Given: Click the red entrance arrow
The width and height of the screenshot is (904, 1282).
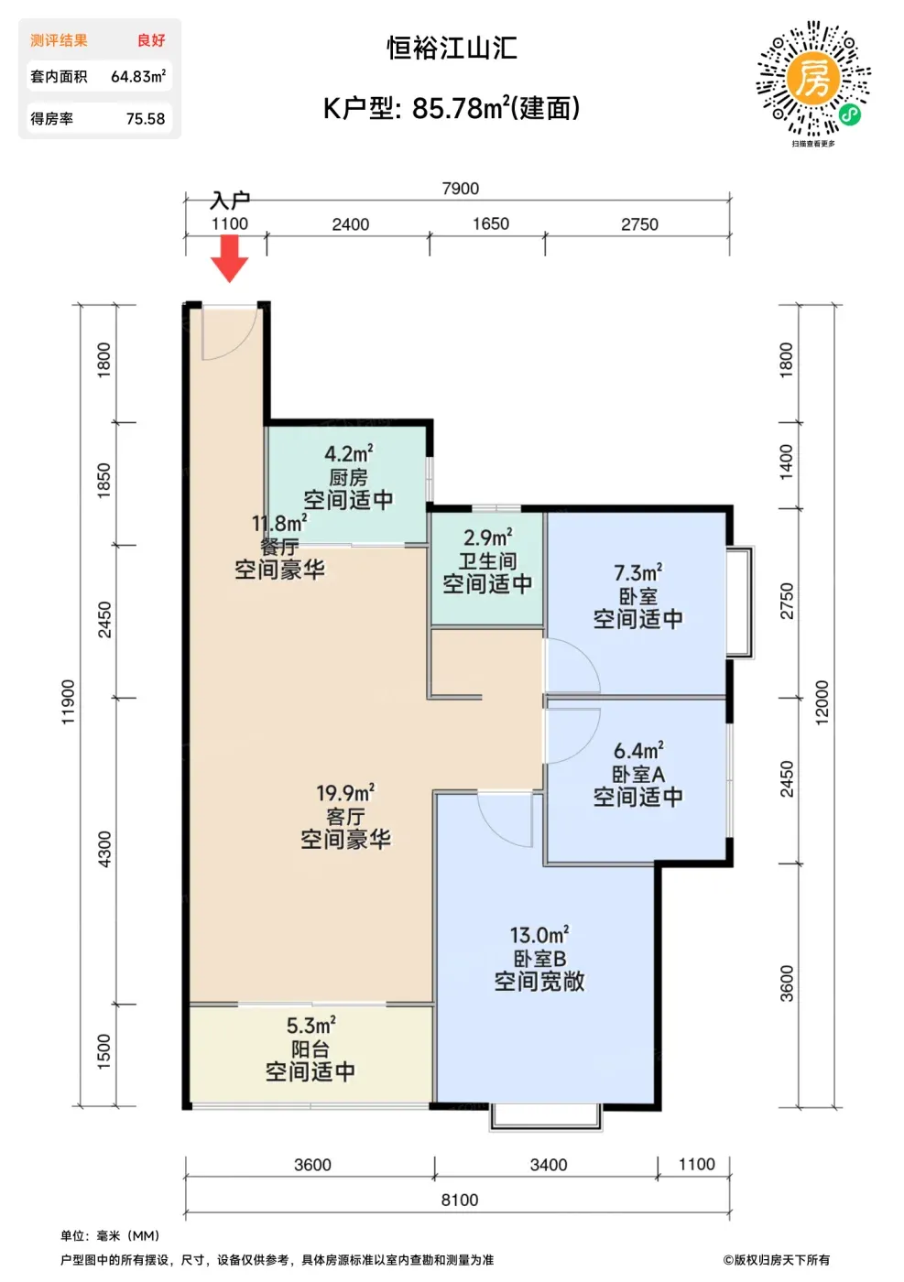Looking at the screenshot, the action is coord(230,258).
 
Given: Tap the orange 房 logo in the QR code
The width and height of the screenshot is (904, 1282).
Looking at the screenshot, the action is coord(812,78).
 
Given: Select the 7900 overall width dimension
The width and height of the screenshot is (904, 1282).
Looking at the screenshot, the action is coord(461,189).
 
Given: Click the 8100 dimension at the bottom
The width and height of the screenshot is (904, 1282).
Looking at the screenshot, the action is coord(459,1201).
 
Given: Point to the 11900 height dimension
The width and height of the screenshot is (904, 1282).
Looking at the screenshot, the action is coord(68,701).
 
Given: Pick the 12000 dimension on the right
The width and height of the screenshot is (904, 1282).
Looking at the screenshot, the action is coord(822,703).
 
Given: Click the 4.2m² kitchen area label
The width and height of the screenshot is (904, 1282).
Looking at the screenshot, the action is coord(349,453).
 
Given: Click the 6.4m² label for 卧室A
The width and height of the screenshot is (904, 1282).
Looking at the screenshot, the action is coord(638,750).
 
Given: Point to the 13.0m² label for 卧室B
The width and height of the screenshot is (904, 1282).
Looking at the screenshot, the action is coord(539,935).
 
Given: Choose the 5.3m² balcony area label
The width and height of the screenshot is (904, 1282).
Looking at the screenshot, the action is coord(310,1025).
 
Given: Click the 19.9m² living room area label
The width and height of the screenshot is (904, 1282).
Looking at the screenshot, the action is coord(345,793).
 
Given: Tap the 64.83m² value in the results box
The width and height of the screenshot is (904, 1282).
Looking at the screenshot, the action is coord(138,76).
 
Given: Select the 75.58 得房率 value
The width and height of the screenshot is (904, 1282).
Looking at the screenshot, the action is coord(146,118).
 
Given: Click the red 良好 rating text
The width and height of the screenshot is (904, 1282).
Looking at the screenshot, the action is coord(151,40).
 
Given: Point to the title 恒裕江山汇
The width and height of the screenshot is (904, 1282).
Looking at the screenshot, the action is coord(452,48).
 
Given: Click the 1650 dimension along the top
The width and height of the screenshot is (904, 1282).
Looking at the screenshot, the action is coord(491,223).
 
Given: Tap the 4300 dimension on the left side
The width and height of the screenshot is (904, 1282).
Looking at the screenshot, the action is coord(104,850).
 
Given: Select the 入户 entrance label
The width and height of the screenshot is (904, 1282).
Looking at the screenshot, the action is coord(230,200).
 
